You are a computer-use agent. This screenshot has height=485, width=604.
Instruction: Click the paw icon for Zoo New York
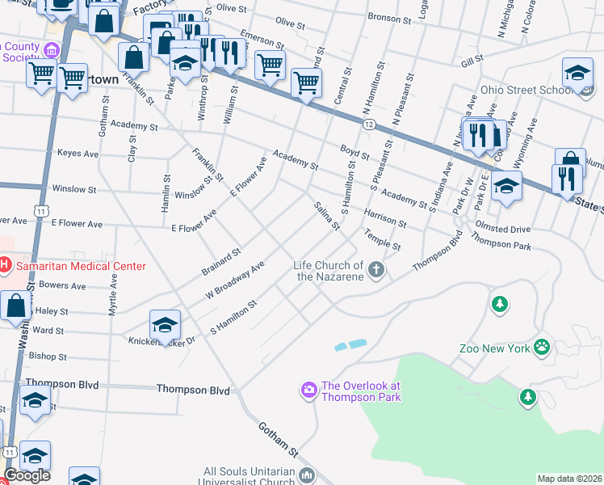coord(541,348)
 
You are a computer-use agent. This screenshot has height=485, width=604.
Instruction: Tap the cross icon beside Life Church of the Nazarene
coord(376,270)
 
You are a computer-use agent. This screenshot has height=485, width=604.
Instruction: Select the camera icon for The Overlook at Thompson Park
coord(308,391)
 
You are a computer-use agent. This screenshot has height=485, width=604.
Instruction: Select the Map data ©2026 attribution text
coord(569,479)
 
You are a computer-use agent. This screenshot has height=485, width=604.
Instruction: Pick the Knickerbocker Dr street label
coord(161,342)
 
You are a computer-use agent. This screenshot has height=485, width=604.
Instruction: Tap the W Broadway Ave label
coord(235,280)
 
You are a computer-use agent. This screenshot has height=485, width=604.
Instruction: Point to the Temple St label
coord(382,239)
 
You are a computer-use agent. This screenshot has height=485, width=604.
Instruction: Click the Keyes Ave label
coord(78,154)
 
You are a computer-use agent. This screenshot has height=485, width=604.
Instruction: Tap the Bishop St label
coord(47,356)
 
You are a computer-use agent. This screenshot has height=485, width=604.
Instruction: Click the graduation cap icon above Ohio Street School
coord(577,73)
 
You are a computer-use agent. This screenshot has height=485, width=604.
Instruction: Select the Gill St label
coord(472,60)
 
